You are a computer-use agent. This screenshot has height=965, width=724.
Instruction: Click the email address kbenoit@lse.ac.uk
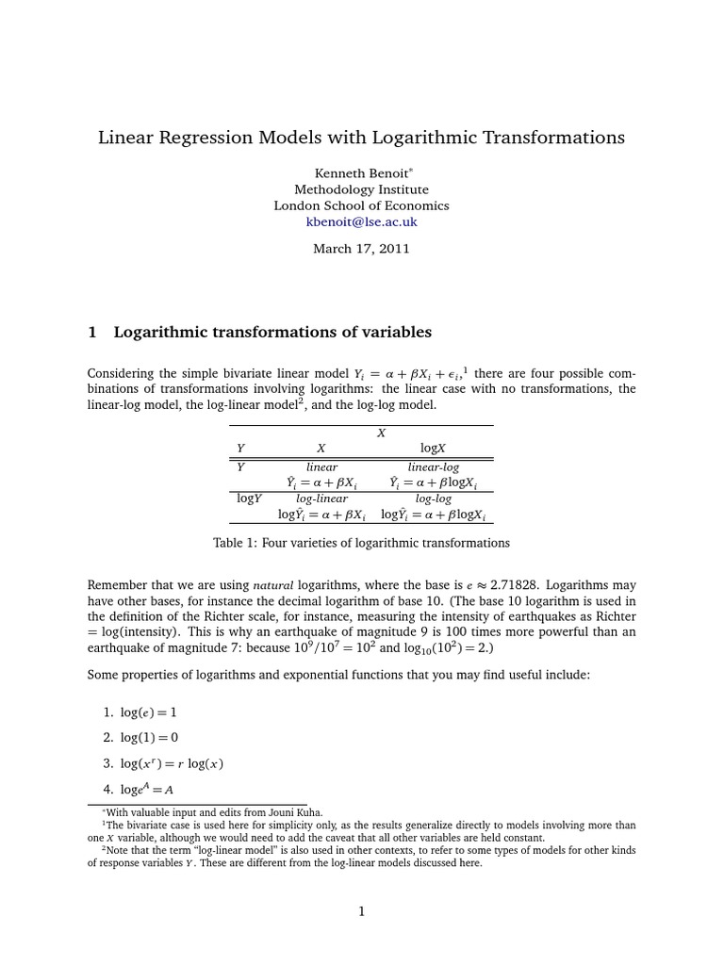361,222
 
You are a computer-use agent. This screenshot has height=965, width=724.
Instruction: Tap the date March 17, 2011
361,250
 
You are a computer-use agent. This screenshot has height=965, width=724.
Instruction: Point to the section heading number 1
92,332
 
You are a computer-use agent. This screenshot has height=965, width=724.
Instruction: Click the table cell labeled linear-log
433,466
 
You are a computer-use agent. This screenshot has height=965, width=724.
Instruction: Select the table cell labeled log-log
433,499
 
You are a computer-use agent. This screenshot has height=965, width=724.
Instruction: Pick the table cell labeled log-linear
321,499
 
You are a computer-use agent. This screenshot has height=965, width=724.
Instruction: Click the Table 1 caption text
361,543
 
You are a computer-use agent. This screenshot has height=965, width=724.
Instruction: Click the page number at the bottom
361,911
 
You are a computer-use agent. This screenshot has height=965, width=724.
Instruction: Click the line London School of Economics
361,205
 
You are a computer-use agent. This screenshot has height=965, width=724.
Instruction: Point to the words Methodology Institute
361,189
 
